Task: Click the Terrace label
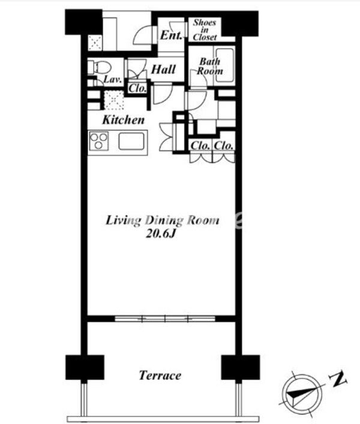pyautogui.click(x=160, y=375)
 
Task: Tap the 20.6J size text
pyautogui.click(x=161, y=234)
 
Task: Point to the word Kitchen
pyautogui.click(x=124, y=120)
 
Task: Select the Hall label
pyautogui.click(x=163, y=70)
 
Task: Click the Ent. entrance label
pyautogui.click(x=171, y=35)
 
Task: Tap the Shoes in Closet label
pyautogui.click(x=205, y=30)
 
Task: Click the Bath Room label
pyautogui.click(x=210, y=66)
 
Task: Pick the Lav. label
pyautogui.click(x=112, y=79)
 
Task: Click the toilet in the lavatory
pyautogui.click(x=99, y=67)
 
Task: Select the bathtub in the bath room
pyautogui.click(x=224, y=65)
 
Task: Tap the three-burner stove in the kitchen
pyautogui.click(x=98, y=141)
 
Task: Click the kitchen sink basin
pyautogui.click(x=131, y=141)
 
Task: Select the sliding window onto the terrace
pyautogui.click(x=165, y=318)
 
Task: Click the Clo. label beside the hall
pyautogui.click(x=137, y=88)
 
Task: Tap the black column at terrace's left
pyautogui.click(x=85, y=367)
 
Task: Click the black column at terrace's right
pyautogui.click(x=241, y=367)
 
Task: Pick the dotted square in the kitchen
pyautogui.click(x=114, y=100)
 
